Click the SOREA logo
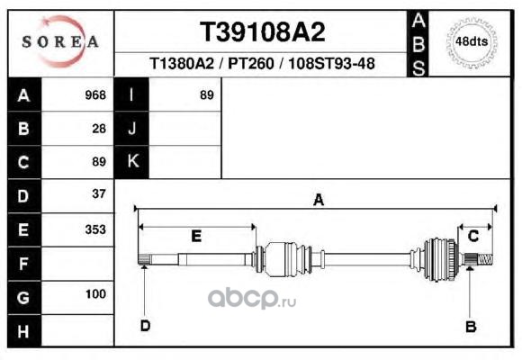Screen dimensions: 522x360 [60, 41]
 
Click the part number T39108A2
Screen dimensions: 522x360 [262, 32]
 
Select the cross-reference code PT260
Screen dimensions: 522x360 [250, 63]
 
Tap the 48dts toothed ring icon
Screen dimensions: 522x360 [472, 42]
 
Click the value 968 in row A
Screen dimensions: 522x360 [95, 95]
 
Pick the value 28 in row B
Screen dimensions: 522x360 [99, 129]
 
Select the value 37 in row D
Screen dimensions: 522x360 [99, 193]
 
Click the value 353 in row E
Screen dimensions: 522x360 [95, 229]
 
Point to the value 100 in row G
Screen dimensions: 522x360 [95, 294]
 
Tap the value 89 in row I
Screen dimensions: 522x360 [206, 95]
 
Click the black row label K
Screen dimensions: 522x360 [131, 162]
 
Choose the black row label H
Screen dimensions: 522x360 [24, 330]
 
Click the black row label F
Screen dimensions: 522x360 [24, 264]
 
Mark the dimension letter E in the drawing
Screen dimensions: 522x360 [196, 236]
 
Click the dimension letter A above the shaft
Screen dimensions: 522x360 [319, 200]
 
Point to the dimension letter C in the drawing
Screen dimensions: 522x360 [473, 236]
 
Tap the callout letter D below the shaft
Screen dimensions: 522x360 [145, 326]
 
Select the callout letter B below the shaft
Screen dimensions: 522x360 [471, 327]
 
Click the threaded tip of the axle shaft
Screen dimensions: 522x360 [485, 259]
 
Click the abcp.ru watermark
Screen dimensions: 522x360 [252, 299]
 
